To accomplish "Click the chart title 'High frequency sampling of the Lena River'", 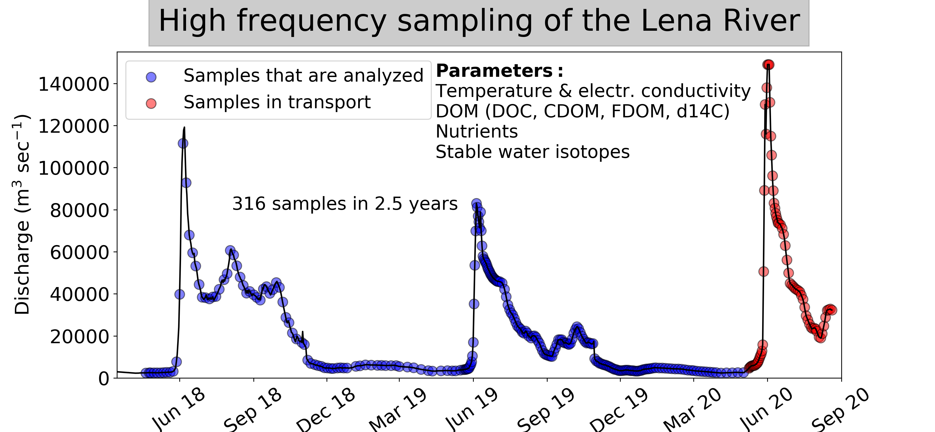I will point(479,21).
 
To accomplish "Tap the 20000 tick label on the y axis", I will point(80,337).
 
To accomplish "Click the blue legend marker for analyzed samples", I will point(151,77).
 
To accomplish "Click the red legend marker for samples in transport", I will point(151,103).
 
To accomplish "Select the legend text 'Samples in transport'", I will point(277,102).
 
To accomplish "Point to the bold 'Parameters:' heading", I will point(499,71).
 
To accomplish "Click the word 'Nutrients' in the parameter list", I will point(477,132).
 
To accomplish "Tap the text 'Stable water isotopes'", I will point(532,152).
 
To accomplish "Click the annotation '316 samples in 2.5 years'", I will point(345,204).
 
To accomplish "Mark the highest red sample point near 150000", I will point(768,65).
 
